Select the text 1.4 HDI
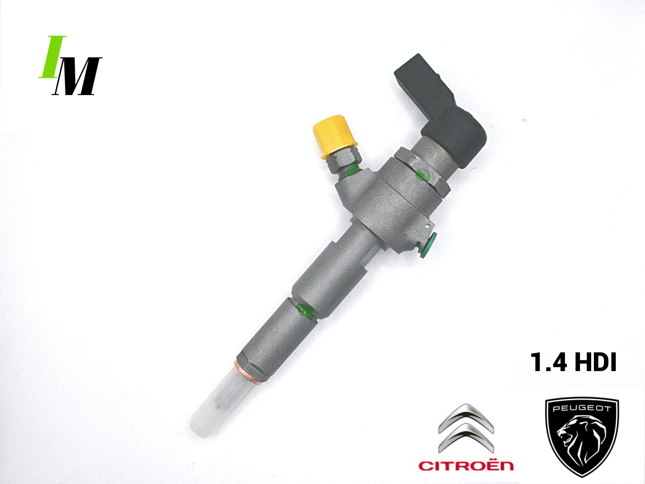click(x=573, y=362)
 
